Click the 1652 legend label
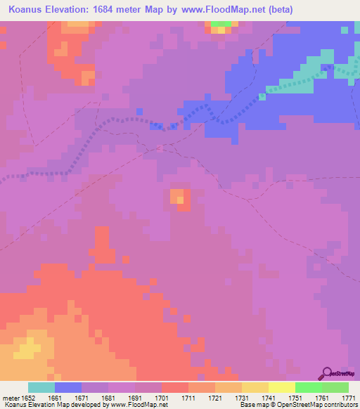pos(27,398)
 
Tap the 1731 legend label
pos(241,398)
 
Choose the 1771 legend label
pos(348,398)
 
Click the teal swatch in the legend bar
pos(41,387)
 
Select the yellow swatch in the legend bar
pos(281,387)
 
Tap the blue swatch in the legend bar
pos(68,387)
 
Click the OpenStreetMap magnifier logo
pos(327,372)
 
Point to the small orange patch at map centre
pos(179,198)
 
